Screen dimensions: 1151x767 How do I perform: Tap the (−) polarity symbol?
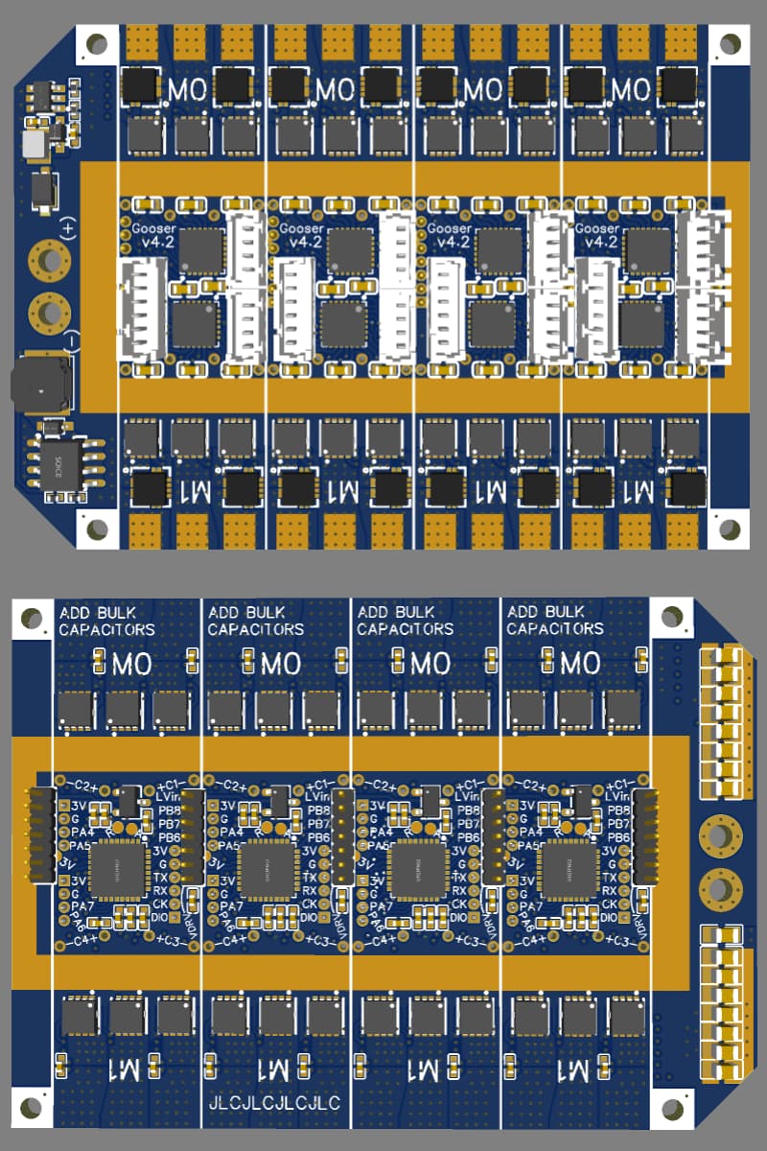pyautogui.click(x=69, y=338)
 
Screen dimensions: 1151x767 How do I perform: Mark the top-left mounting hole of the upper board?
pyautogui.click(x=97, y=43)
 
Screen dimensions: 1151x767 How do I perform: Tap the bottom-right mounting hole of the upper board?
pyautogui.click(x=730, y=529)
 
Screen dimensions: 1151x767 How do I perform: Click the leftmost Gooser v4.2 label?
pyautogui.click(x=153, y=235)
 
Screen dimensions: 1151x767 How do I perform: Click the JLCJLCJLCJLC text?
pyautogui.click(x=274, y=1104)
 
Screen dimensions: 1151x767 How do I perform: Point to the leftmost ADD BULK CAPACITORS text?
pyautogui.click(x=105, y=621)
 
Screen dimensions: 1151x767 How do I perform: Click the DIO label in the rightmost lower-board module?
pyautogui.click(x=607, y=918)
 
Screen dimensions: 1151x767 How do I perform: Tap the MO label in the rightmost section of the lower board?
pyautogui.click(x=579, y=663)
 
